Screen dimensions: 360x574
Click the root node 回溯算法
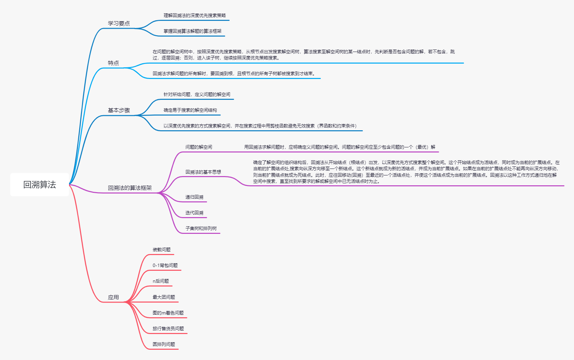click(40, 185)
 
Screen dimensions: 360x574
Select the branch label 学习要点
click(119, 24)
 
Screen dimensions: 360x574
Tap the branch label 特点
click(113, 63)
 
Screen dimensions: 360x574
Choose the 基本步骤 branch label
click(119, 110)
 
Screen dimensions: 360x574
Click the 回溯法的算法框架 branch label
click(130, 188)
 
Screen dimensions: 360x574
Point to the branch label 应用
click(113, 297)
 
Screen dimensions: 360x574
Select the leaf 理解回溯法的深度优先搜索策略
click(194, 15)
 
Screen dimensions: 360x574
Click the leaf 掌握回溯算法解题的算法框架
click(192, 31)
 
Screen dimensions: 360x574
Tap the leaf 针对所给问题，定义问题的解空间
click(197, 94)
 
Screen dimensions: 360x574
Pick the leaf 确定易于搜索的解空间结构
click(190, 110)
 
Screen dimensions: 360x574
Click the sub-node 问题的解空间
click(199, 147)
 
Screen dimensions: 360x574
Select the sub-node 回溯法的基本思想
click(203, 172)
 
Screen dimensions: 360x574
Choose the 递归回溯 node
click(194, 197)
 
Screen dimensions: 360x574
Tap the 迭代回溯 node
click(194, 213)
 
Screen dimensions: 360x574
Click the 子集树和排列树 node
click(201, 228)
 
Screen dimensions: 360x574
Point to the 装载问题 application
click(161, 250)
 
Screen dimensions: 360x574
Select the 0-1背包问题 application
click(165, 265)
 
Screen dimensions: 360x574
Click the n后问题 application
click(161, 281)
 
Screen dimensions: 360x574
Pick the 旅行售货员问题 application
click(168, 329)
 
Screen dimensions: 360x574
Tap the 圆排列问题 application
click(164, 344)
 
